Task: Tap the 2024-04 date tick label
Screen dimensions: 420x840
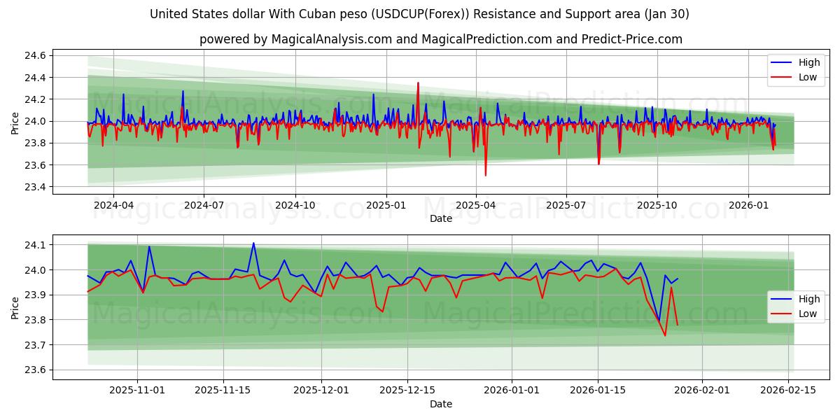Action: [x=113, y=205]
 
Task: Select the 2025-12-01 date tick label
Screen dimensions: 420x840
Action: [x=321, y=390]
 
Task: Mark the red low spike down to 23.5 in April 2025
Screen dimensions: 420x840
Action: [x=485, y=175]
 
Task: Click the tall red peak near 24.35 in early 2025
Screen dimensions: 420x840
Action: [x=418, y=83]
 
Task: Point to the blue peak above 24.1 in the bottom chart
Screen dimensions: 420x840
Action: [x=253, y=243]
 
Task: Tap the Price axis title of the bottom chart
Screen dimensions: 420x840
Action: [x=15, y=307]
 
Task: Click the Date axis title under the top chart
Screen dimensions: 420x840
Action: [x=441, y=218]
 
